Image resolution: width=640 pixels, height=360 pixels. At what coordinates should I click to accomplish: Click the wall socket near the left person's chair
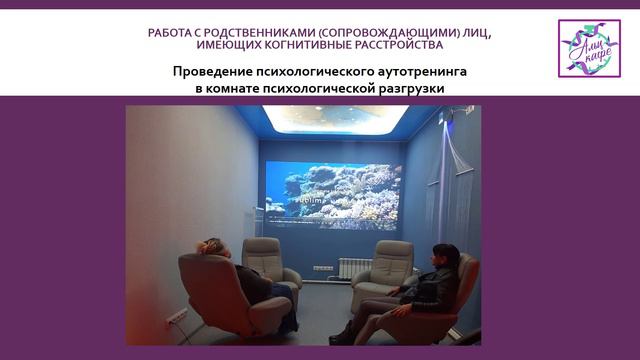[177, 318]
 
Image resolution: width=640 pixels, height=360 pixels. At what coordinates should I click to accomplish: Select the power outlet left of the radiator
[322, 268]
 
